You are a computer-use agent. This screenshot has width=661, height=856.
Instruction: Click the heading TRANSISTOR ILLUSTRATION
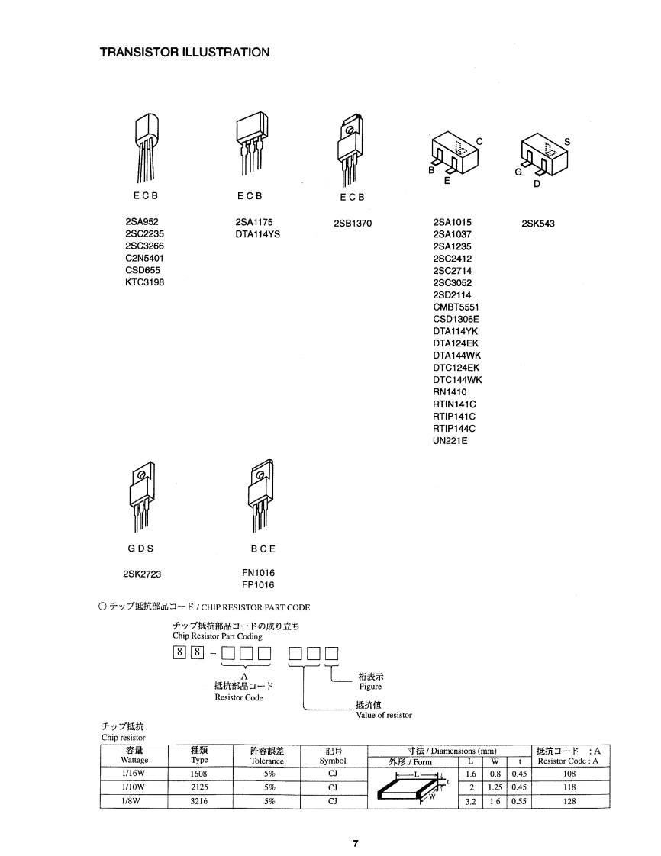185,53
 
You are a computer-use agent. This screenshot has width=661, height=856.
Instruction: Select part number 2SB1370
353,224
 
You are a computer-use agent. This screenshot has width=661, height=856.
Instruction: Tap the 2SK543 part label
538,224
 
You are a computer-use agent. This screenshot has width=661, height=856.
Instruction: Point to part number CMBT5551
456,307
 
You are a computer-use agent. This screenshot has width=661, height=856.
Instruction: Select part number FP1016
258,585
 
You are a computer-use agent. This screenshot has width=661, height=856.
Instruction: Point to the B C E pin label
263,549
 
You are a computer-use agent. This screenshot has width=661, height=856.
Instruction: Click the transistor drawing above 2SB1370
350,149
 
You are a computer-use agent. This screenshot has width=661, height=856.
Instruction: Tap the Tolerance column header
267,761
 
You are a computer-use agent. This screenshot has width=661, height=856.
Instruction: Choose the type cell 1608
199,774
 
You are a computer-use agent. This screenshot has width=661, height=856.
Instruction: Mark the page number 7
355,843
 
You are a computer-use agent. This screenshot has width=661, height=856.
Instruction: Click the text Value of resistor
383,715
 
